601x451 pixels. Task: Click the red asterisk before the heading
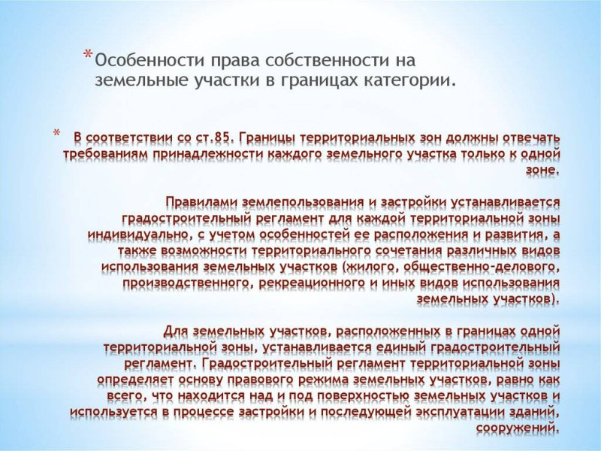88,53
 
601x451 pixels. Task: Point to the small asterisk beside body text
56,134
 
